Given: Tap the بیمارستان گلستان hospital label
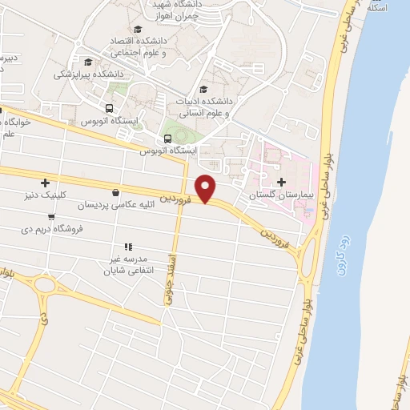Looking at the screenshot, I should (280, 195).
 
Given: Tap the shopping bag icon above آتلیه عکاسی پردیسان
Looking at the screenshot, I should (117, 192).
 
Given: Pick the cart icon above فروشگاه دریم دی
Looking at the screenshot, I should (51, 215).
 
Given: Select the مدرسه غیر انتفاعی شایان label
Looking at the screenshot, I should (127, 265).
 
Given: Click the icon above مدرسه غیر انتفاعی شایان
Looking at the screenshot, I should (127, 247).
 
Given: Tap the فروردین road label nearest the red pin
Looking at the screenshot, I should (175, 195).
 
